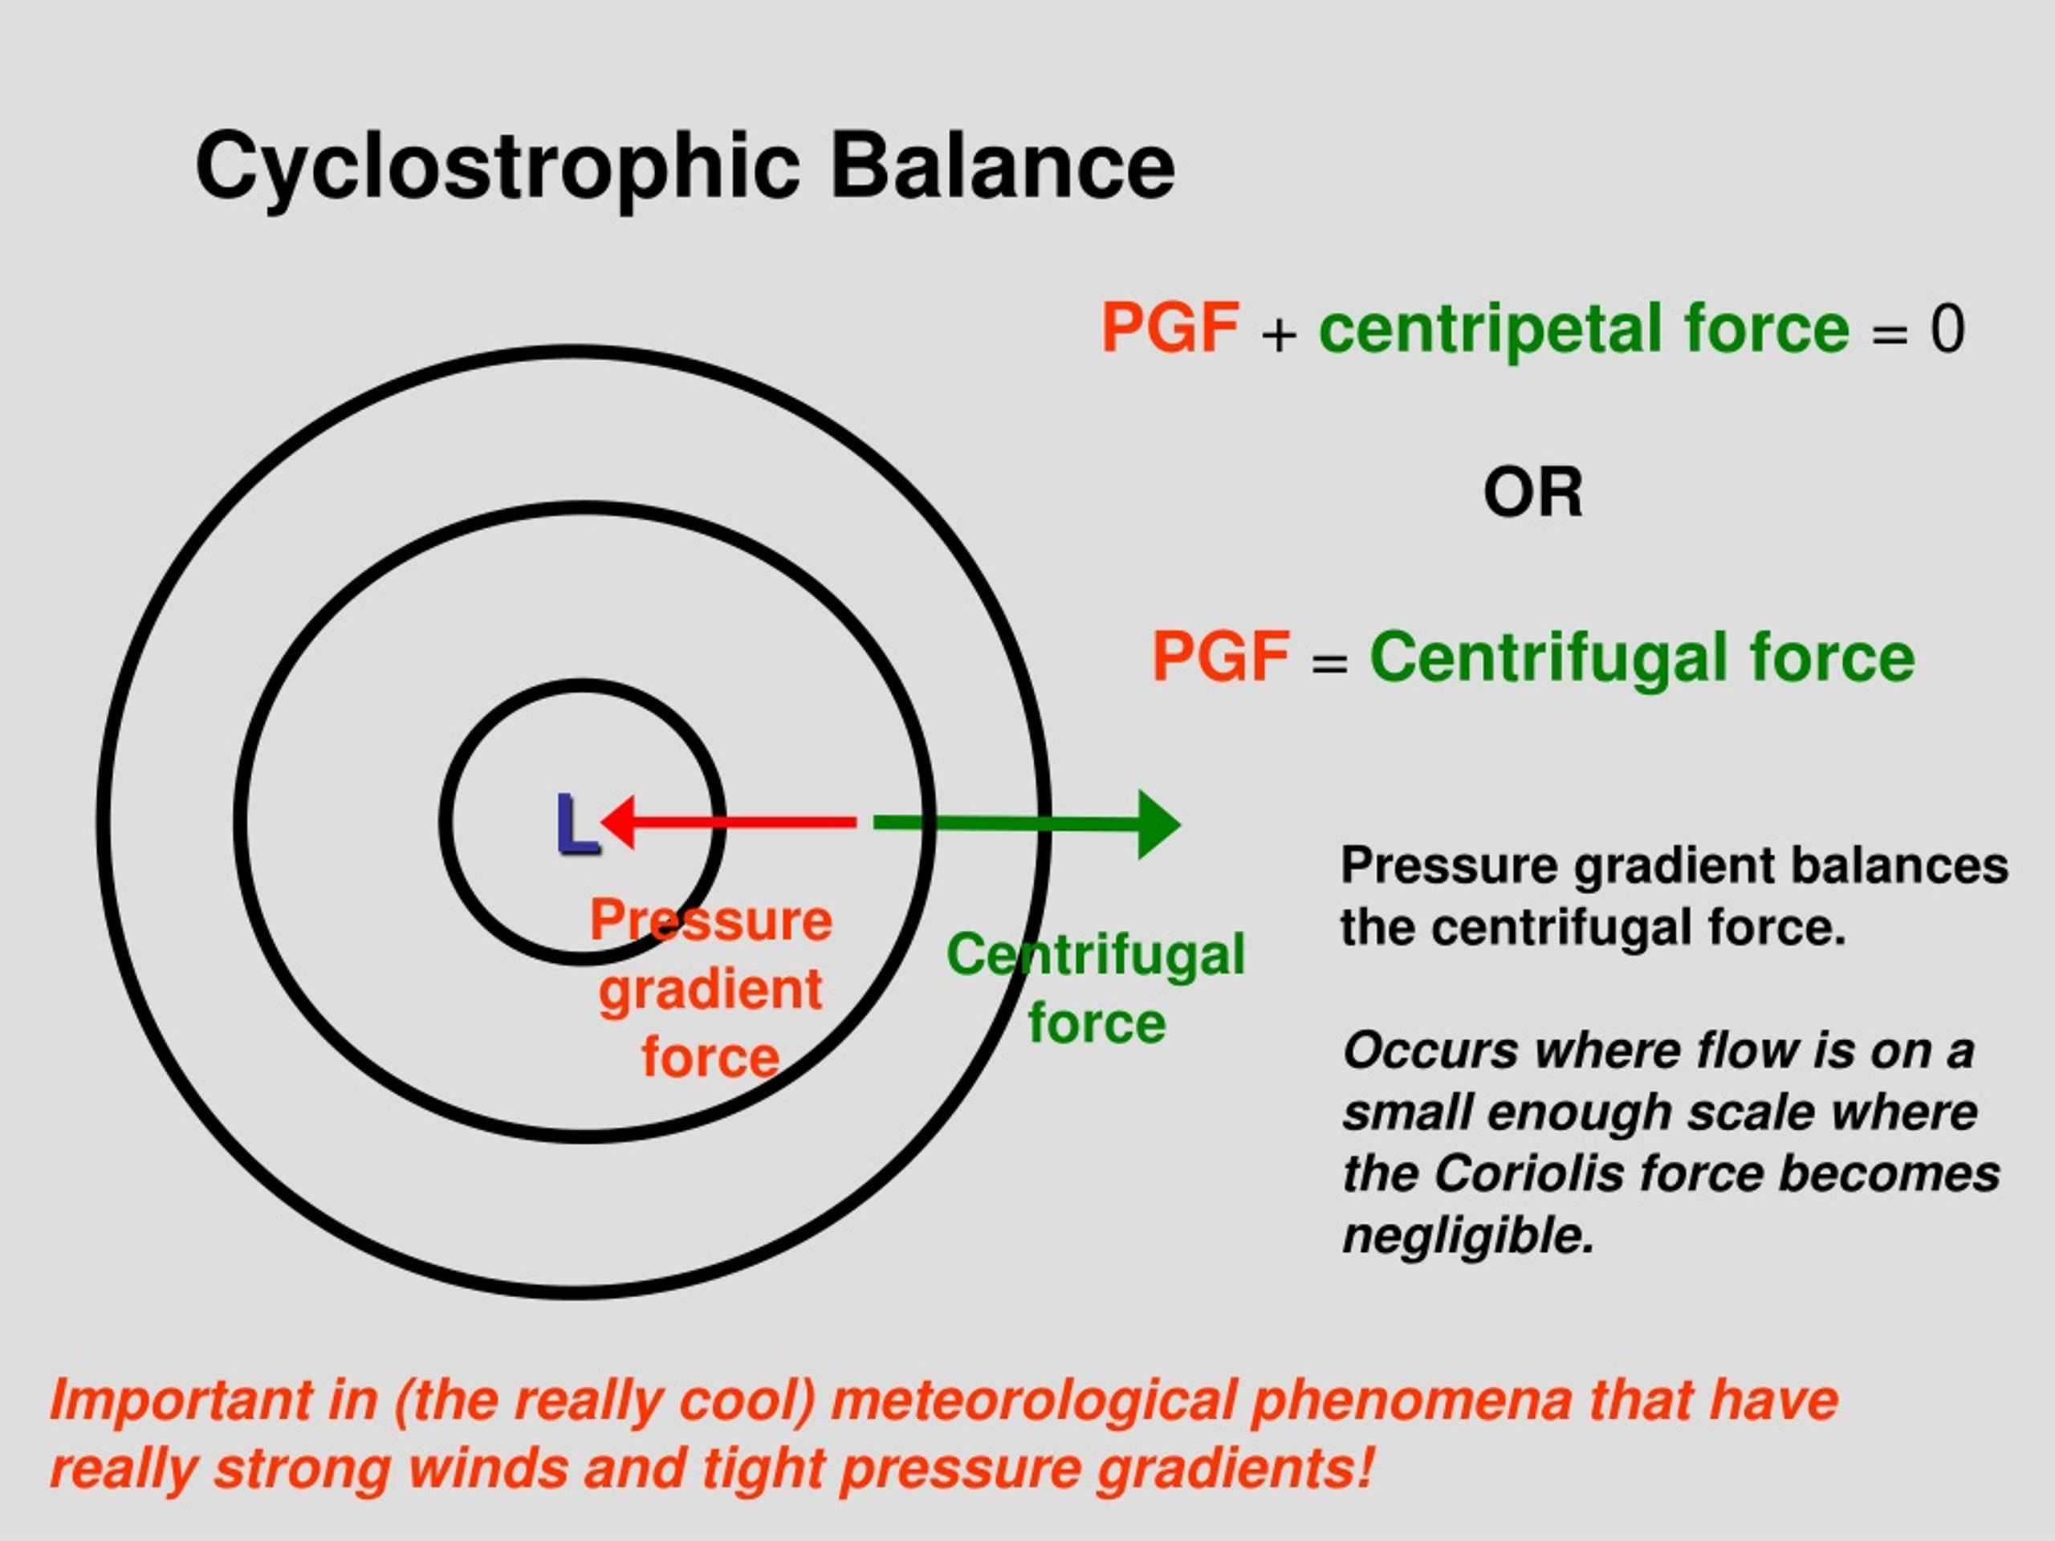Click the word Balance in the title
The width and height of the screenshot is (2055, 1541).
point(1003,165)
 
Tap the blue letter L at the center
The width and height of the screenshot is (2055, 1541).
point(576,824)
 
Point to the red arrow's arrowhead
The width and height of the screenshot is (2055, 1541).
point(619,822)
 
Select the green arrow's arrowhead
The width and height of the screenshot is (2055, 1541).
point(1159,824)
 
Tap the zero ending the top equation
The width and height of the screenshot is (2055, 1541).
point(1947,329)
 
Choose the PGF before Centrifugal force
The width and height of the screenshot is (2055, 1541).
point(1221,656)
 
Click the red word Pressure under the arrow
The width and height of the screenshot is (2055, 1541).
point(710,921)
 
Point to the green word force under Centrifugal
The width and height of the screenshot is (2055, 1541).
point(1097,1023)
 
